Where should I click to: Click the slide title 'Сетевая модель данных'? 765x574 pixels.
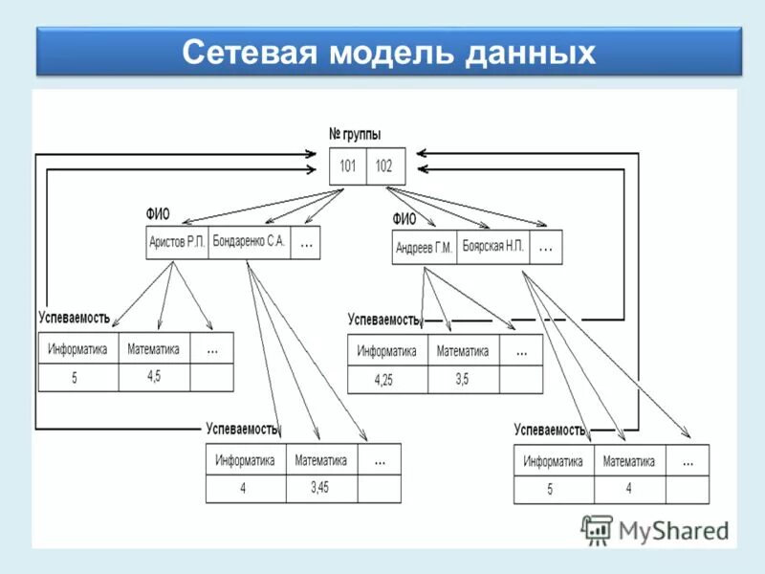(x=388, y=52)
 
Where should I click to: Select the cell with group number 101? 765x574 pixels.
(x=348, y=166)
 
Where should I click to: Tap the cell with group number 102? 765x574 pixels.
(x=383, y=166)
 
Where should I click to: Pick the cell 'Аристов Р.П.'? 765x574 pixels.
(x=177, y=243)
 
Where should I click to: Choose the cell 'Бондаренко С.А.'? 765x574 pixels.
(x=249, y=242)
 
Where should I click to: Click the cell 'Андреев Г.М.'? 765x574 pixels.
(x=424, y=248)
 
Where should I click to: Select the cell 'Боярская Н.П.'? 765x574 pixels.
(x=493, y=246)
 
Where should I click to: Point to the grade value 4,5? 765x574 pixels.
(x=154, y=376)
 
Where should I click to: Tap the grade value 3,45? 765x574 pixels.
(x=320, y=487)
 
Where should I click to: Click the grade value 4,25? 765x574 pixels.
(x=383, y=379)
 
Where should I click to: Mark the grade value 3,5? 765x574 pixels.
(x=462, y=379)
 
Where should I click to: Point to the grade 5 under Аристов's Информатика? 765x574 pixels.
(x=75, y=378)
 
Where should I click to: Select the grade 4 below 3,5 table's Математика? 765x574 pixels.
(x=628, y=488)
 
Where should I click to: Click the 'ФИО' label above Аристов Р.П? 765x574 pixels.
(x=158, y=214)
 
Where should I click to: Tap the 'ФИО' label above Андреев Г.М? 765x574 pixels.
(x=404, y=219)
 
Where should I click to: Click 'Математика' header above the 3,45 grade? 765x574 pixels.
(x=321, y=460)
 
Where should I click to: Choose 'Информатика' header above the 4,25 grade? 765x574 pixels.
(x=387, y=351)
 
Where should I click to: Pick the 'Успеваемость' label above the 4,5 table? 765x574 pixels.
(x=75, y=318)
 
